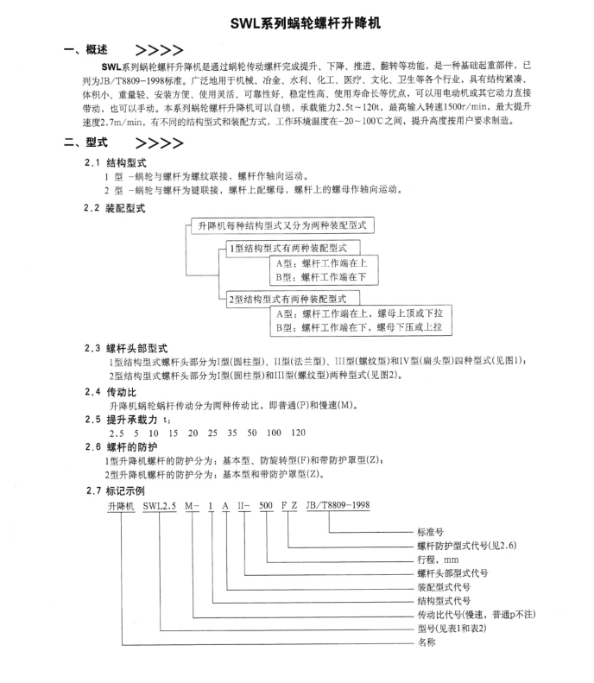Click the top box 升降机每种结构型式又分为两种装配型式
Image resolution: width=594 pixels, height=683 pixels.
[x=282, y=225]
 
